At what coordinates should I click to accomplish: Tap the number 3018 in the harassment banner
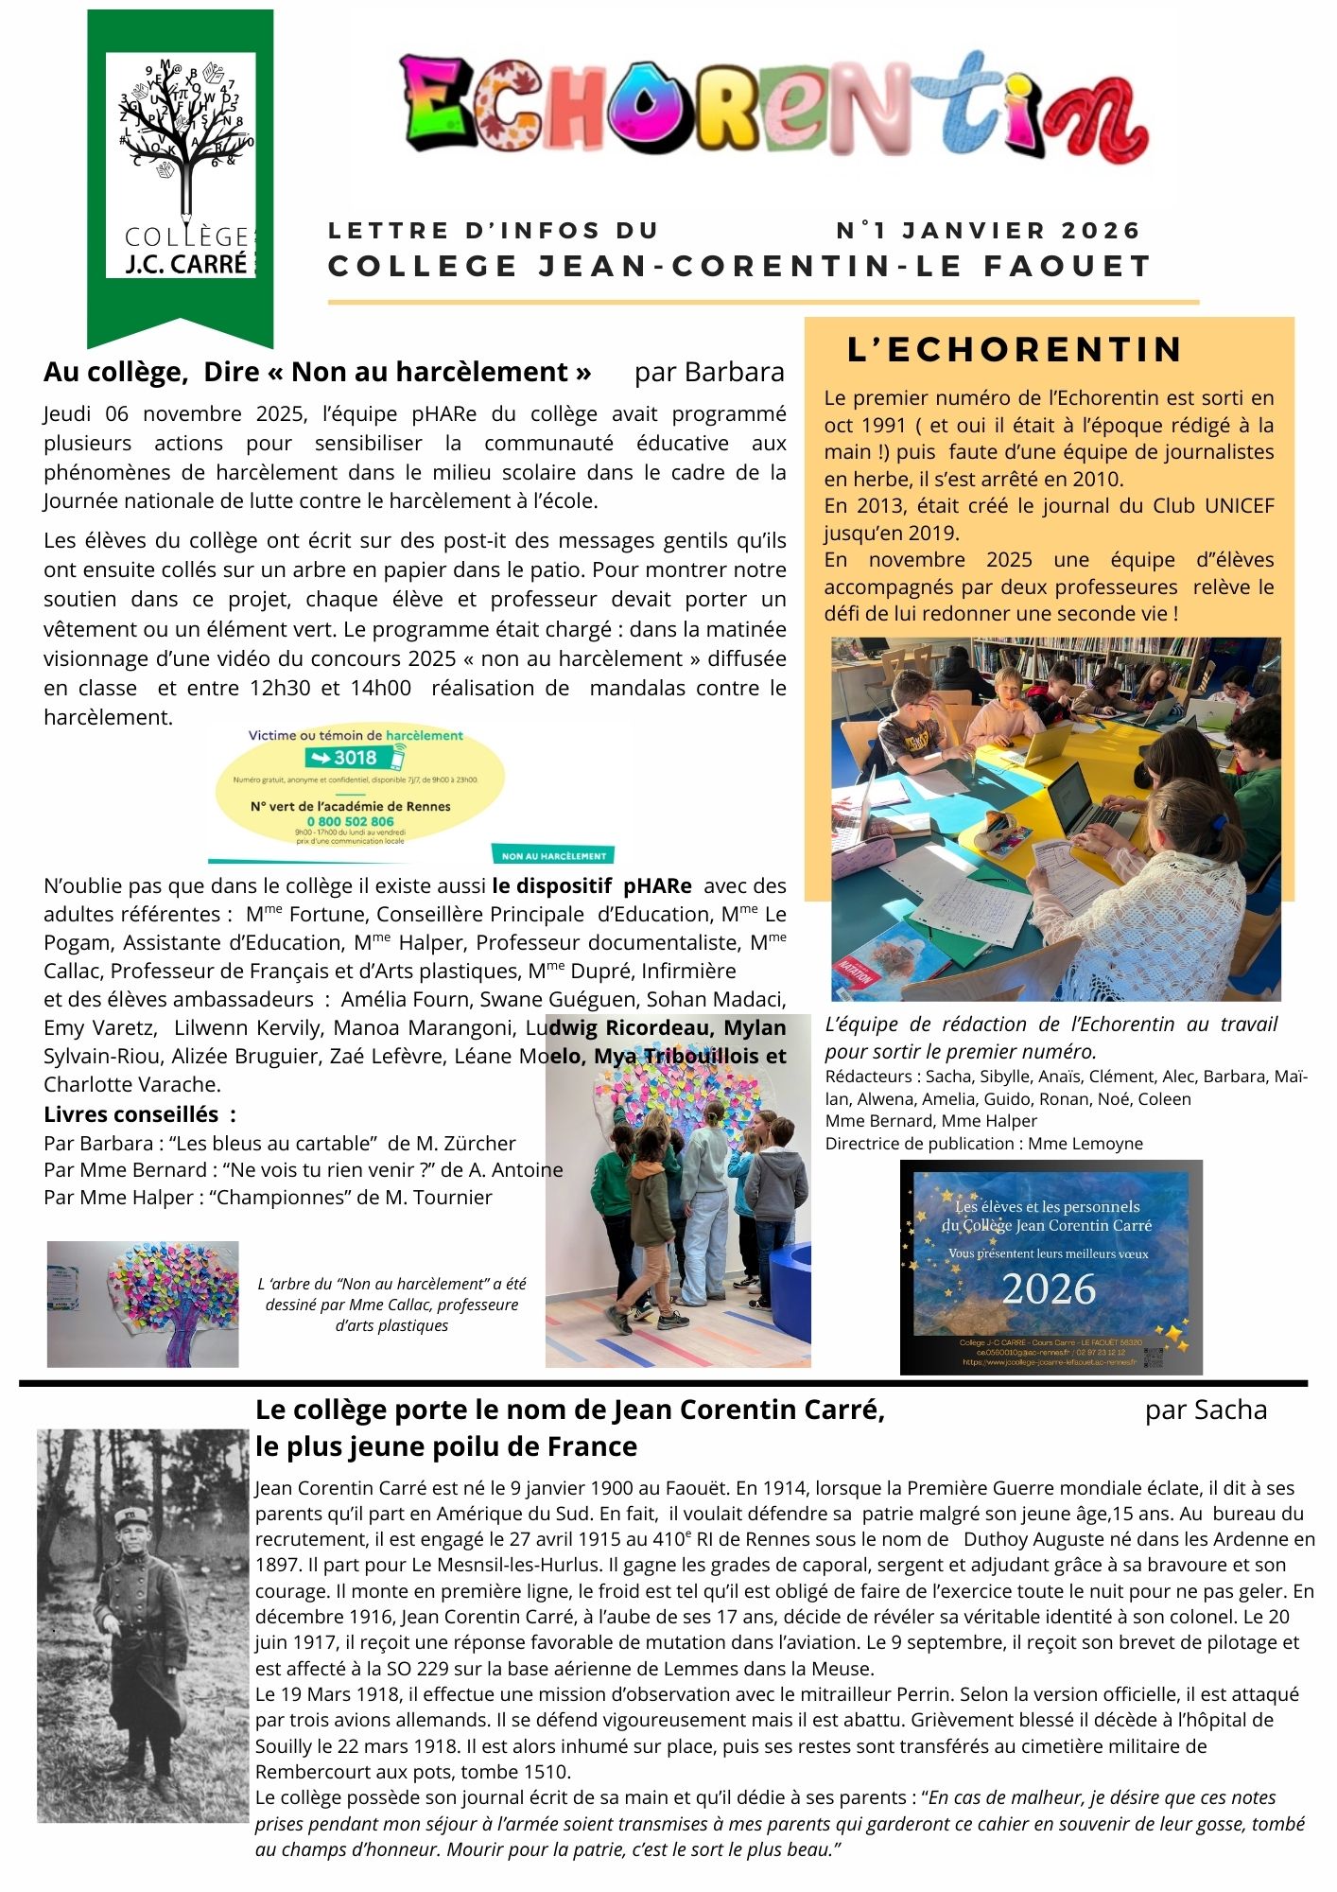[355, 758]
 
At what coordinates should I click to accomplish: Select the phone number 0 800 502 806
[350, 821]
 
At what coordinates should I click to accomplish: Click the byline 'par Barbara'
[709, 372]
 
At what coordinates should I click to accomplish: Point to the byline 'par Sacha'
[1206, 1410]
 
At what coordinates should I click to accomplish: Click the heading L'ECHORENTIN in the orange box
[1015, 349]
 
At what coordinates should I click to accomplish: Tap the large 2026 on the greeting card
[1049, 1289]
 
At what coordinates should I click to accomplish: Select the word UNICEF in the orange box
[1239, 505]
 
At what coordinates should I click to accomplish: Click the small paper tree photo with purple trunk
[143, 1304]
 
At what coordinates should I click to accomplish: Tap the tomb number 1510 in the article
[547, 1772]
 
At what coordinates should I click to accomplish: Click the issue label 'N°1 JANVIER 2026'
[988, 230]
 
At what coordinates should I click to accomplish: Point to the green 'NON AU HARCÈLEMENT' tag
[553, 855]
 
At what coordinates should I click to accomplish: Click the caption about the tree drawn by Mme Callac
[391, 1304]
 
